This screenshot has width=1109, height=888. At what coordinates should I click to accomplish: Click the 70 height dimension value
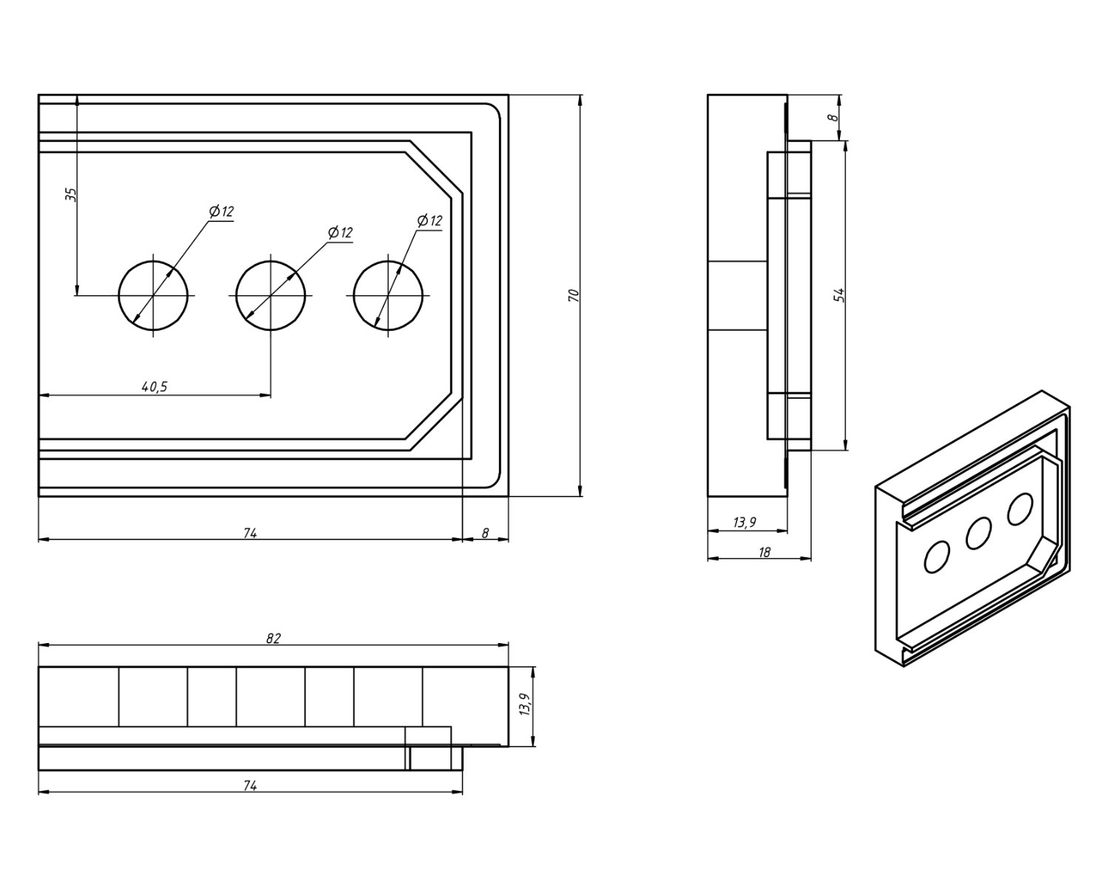tap(572, 295)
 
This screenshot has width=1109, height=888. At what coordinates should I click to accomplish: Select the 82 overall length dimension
tap(274, 638)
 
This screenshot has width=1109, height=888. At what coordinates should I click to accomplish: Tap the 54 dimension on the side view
tap(838, 295)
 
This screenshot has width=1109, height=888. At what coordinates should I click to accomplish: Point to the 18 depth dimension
tap(764, 552)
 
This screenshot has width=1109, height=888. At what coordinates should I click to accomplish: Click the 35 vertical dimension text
tap(71, 195)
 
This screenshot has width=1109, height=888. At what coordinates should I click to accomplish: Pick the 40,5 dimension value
tap(154, 386)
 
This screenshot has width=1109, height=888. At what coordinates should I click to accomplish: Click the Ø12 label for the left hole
tap(222, 212)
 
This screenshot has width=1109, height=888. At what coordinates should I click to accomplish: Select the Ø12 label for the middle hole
tap(341, 232)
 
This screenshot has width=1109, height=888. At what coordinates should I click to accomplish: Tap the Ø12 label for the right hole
tap(430, 221)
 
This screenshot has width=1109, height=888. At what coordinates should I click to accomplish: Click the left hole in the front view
tap(154, 295)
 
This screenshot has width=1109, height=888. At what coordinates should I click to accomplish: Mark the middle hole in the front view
tap(271, 295)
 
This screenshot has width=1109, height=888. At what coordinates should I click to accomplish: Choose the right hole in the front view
tap(388, 295)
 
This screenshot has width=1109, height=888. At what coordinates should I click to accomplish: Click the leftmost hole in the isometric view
tap(937, 556)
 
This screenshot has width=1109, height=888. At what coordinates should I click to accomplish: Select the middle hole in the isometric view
tap(978, 533)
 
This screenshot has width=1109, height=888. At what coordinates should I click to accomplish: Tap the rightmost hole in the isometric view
tap(1020, 510)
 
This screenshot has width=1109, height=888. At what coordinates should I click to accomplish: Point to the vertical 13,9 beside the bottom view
tap(524, 705)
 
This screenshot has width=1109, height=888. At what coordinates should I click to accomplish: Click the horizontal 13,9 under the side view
tap(745, 522)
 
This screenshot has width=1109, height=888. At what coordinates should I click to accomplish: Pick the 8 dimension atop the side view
tap(832, 117)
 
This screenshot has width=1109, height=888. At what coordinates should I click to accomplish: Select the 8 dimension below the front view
tap(485, 533)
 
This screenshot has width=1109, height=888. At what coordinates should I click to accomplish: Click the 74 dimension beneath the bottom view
tap(250, 786)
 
